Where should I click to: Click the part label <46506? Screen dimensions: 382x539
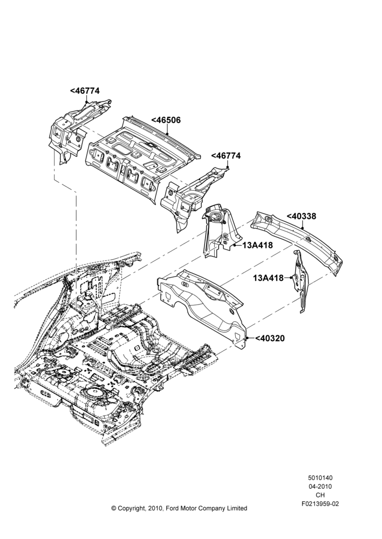166,120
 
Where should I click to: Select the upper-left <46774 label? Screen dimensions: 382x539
85,91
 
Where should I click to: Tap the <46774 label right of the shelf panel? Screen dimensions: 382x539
226,155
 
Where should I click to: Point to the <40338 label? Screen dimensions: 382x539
301,216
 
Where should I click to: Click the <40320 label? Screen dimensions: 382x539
270,338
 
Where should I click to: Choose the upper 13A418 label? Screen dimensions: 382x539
257,245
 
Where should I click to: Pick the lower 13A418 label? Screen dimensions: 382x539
269,278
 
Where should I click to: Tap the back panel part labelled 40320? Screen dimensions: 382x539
203,309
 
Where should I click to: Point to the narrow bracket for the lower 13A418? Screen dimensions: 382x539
300,281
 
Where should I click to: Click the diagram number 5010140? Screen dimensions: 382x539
320,478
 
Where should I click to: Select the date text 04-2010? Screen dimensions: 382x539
320,486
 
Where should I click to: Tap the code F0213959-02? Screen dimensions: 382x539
320,504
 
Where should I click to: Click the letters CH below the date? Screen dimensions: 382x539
320,495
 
